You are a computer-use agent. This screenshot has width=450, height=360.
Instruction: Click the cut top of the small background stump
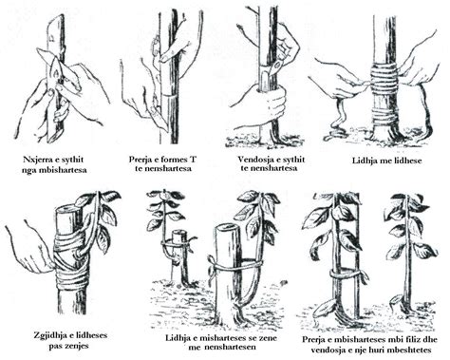click(x=178, y=235)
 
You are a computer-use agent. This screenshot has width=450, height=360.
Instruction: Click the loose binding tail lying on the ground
click(x=336, y=123)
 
